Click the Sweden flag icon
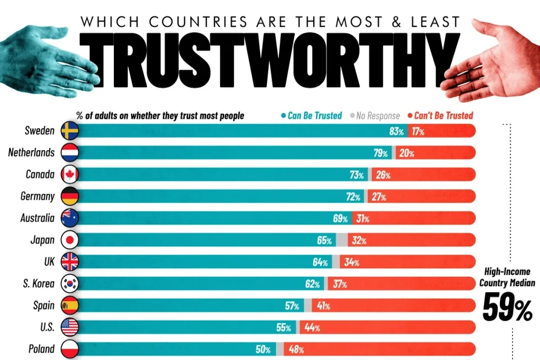tap(70, 131)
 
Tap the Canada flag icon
tap(70, 174)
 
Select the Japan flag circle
tap(70, 240)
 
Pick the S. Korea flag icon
tap(70, 284)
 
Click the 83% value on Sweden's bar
tap(397, 131)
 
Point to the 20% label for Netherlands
tap(407, 153)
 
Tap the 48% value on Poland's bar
tap(295, 349)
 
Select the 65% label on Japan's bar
tap(324, 240)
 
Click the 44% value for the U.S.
tap(313, 327)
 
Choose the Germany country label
tap(37, 196)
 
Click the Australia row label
tap(37, 218)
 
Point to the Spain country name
tap(43, 305)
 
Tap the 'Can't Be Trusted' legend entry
tap(443, 115)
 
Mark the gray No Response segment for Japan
tap(342, 240)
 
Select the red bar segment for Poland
tap(385, 349)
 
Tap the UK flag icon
tap(70, 261)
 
